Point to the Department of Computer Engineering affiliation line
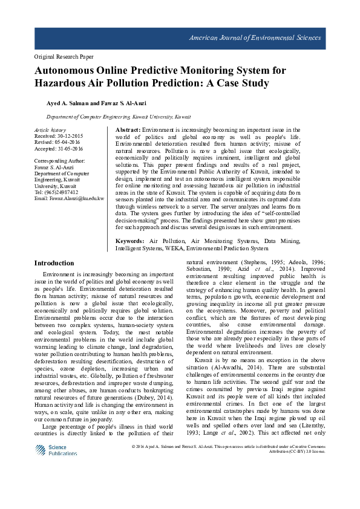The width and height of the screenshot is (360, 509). [x=119, y=117]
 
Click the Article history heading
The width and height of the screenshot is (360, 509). [x=50, y=130]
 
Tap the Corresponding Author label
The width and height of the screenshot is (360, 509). [x=60, y=161]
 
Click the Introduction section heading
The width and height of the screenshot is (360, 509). [x=54, y=264]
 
